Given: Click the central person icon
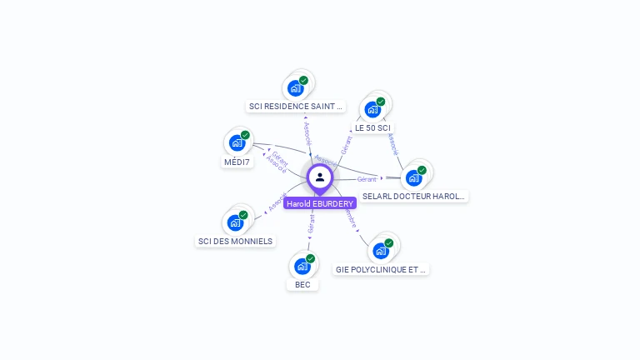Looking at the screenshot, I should click(319, 177).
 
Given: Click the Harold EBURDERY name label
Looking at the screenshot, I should click(320, 203).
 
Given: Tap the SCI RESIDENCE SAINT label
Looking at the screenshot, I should click(296, 107).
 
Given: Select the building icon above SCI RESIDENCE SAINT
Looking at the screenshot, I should click(295, 87).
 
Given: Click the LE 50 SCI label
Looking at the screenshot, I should click(372, 128).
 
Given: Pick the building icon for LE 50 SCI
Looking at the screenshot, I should click(372, 108).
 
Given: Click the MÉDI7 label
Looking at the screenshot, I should click(237, 162).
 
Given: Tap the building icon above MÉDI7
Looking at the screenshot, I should click(237, 142).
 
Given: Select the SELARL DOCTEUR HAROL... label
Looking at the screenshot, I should click(414, 197).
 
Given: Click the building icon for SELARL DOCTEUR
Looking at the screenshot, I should click(413, 177).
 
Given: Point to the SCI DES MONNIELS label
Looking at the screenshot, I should click(235, 242).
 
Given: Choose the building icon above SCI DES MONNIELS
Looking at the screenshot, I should click(235, 222).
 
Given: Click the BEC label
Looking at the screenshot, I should click(302, 285).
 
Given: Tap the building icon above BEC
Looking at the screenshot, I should click(302, 266).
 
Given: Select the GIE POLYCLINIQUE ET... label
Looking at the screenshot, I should click(381, 270).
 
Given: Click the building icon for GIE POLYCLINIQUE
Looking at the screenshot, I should click(381, 250).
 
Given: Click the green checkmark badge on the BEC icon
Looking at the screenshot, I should click(310, 258).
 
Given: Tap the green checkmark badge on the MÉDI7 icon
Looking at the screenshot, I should click(245, 135).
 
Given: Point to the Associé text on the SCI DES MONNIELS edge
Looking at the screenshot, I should click(274, 202).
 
